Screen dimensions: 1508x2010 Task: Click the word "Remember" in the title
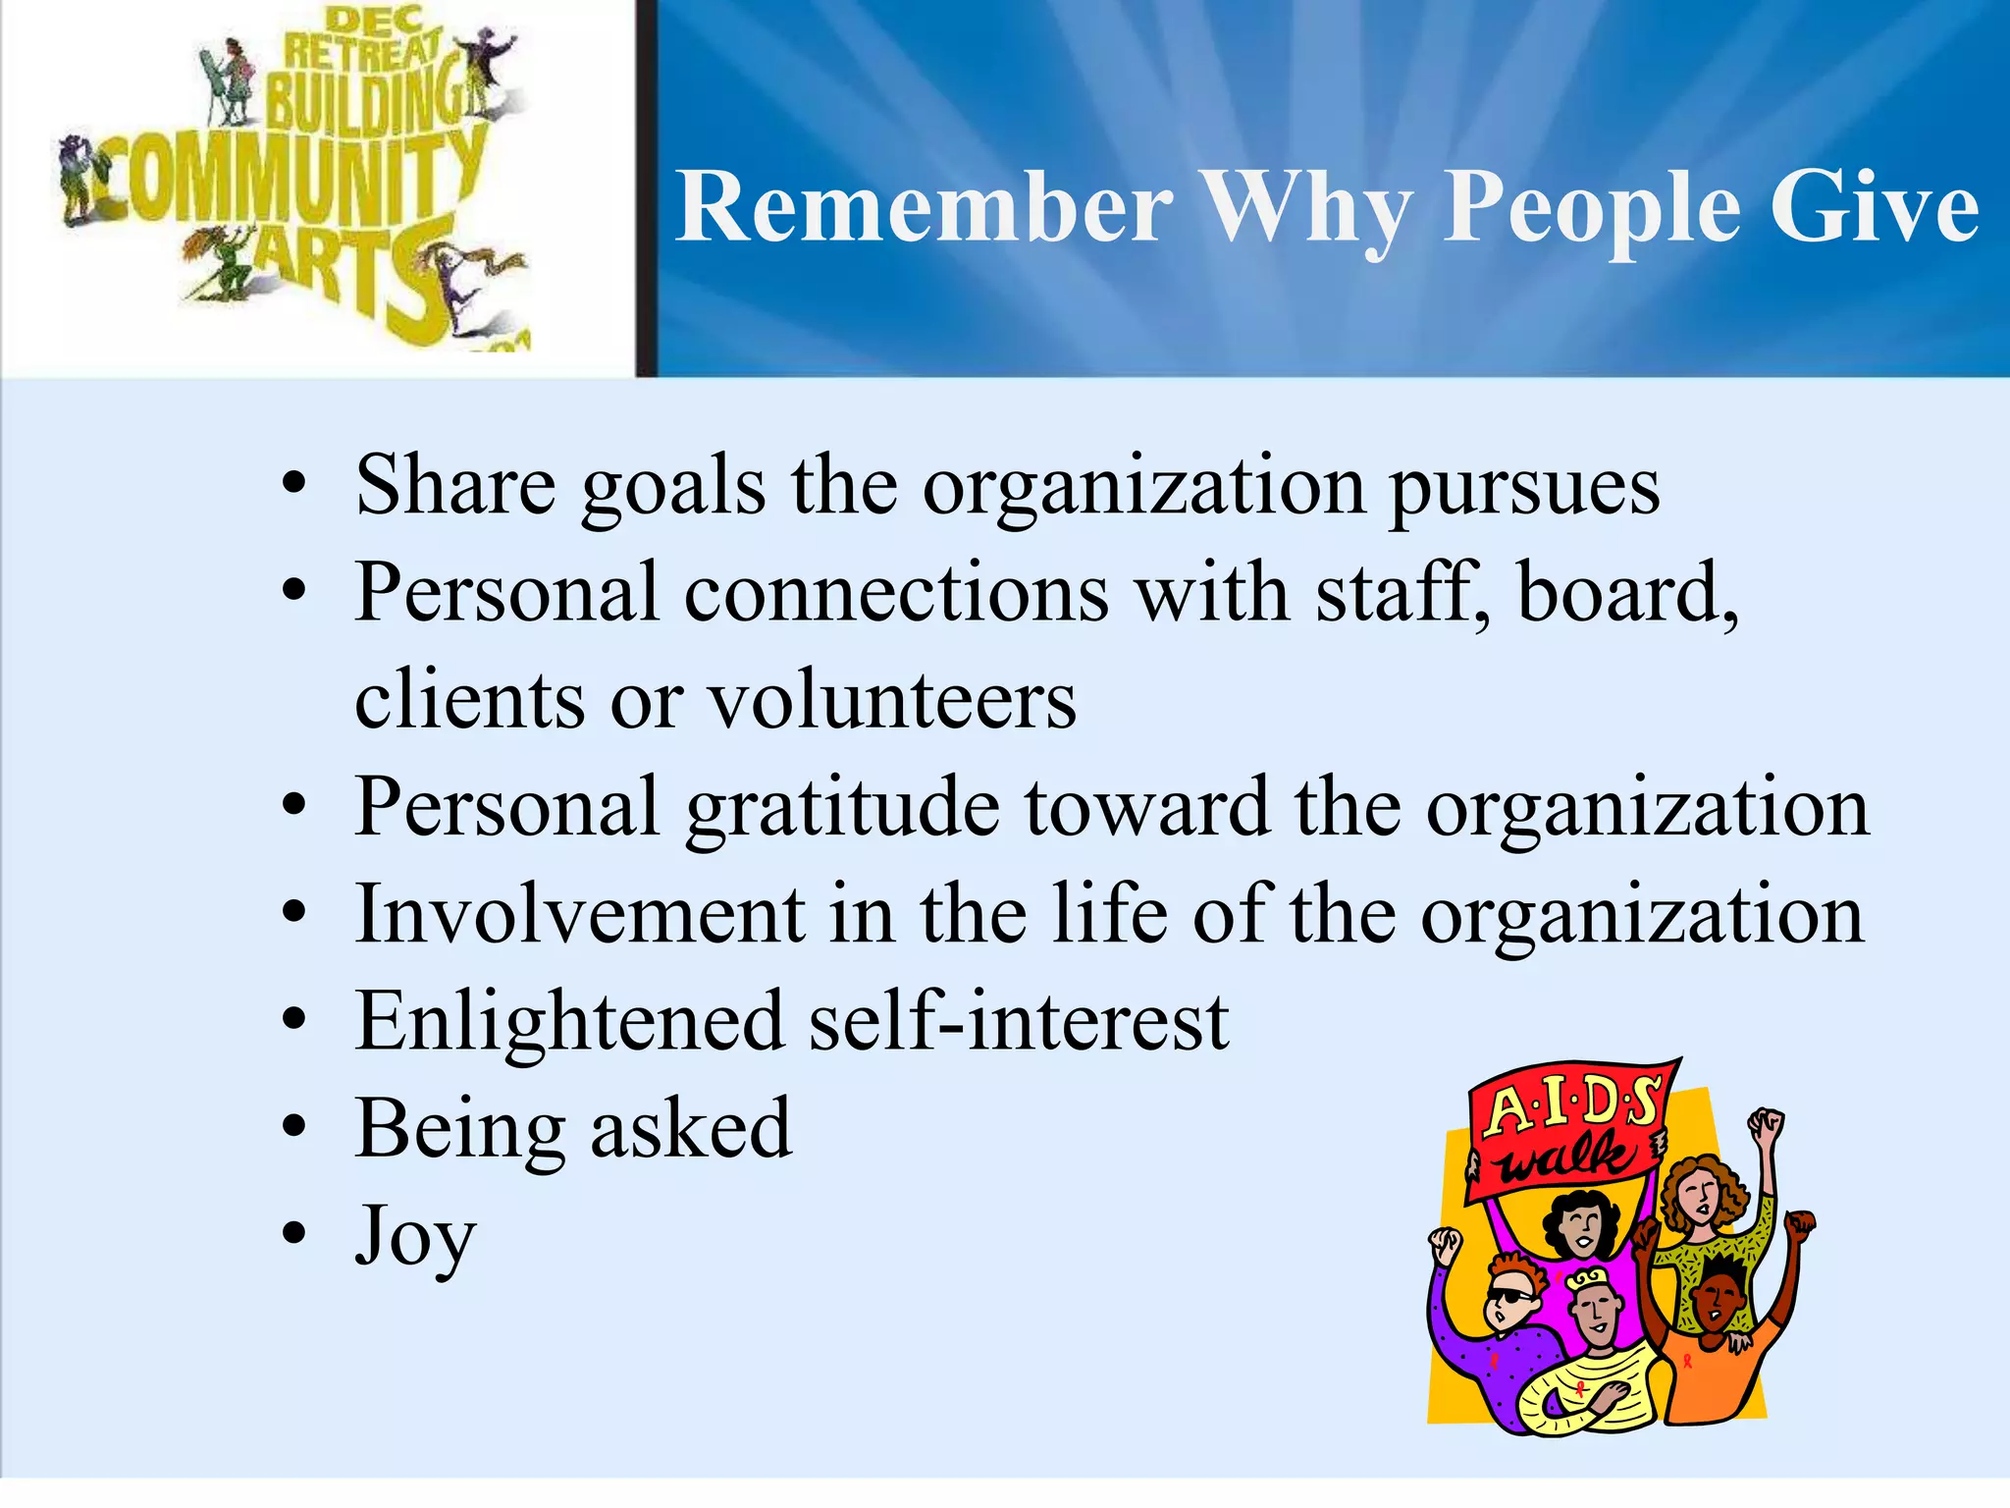(x=924, y=208)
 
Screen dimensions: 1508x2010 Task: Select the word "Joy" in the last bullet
(x=415, y=1237)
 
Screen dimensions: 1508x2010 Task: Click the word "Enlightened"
(x=569, y=1022)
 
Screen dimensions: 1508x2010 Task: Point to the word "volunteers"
(x=892, y=702)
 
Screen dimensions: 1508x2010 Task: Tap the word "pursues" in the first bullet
(x=1523, y=488)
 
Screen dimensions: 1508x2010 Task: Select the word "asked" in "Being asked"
(x=691, y=1129)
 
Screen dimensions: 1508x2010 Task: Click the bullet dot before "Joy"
(x=293, y=1234)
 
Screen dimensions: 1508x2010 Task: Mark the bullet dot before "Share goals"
(x=293, y=484)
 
